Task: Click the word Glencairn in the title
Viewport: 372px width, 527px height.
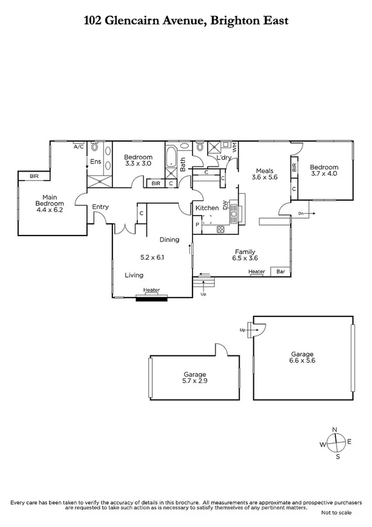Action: pos(142,21)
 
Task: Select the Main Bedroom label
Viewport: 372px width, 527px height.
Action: pos(50,199)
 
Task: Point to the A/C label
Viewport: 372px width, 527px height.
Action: pos(79,147)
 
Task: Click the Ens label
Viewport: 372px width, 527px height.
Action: pos(96,162)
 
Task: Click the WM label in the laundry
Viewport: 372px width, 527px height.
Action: pos(234,148)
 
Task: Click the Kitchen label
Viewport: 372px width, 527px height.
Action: pos(207,208)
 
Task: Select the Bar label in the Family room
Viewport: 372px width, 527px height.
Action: pos(281,272)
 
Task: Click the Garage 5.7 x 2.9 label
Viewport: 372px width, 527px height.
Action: pos(194,378)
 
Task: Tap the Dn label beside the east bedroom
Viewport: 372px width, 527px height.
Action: pos(301,213)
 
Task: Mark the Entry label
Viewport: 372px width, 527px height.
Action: pos(100,207)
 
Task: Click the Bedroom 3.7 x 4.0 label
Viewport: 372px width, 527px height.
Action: pos(324,171)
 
